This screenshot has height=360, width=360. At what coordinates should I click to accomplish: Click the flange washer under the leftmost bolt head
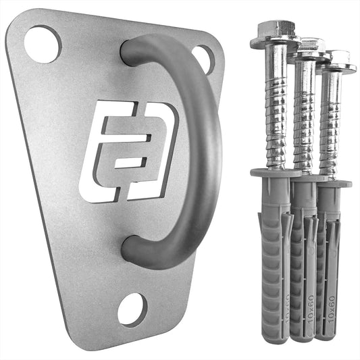274,44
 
